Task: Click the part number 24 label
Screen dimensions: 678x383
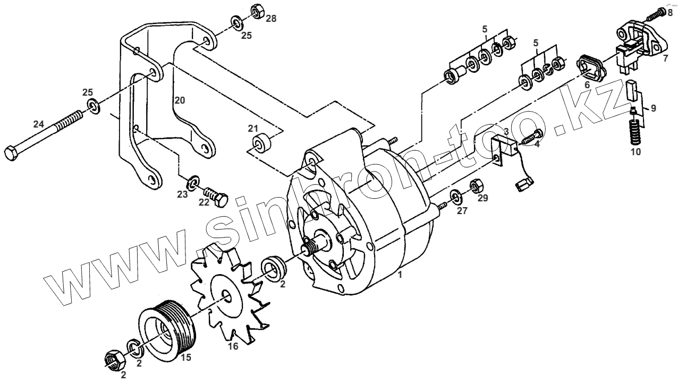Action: click(38, 124)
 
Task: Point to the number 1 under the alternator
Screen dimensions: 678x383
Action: click(400, 275)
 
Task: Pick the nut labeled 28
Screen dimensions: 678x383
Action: click(256, 12)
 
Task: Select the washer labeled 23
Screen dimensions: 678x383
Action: click(194, 183)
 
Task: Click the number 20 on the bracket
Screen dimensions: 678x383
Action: click(180, 100)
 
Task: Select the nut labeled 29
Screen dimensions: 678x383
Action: click(476, 186)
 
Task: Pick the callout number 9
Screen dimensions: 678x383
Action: click(653, 108)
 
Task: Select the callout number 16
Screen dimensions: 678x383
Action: click(233, 346)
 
